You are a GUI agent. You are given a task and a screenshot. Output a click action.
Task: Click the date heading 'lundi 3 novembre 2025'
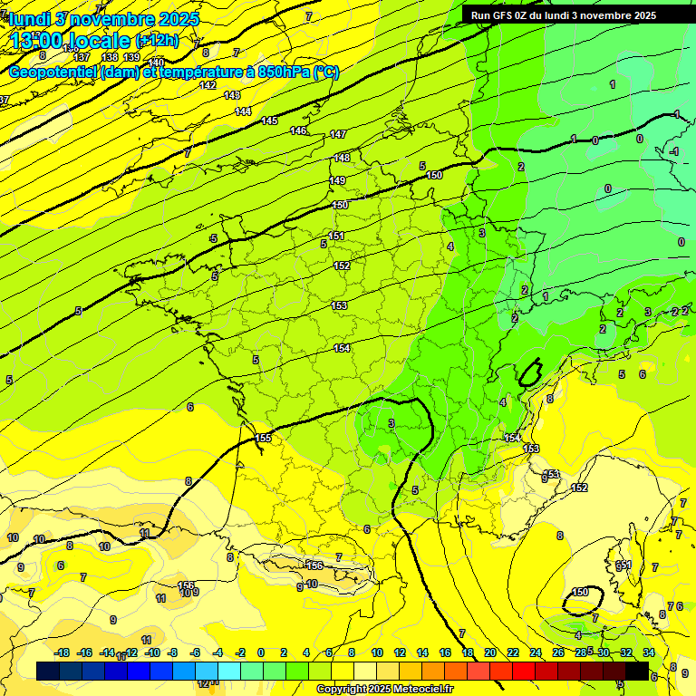(x=105, y=19)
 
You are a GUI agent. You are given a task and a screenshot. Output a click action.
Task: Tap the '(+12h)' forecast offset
(x=157, y=41)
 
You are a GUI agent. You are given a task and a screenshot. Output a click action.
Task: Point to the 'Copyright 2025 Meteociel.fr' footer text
(x=385, y=690)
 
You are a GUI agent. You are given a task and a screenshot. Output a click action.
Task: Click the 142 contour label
(x=208, y=85)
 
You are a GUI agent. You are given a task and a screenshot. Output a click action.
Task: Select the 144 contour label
(x=243, y=111)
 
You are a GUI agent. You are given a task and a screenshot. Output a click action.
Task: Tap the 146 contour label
(x=298, y=131)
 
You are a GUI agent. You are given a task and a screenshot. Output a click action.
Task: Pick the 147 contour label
(x=337, y=134)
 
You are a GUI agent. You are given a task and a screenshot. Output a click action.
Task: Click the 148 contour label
(x=342, y=158)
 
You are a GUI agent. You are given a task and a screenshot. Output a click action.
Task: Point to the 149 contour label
(x=337, y=181)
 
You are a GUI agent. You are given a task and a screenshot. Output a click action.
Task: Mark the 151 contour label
(x=337, y=236)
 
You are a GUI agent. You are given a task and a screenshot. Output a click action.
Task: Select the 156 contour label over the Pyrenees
(x=314, y=565)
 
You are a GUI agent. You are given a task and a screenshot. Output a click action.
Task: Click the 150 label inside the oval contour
(x=581, y=593)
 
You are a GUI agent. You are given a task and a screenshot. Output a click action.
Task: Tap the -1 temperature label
(x=674, y=151)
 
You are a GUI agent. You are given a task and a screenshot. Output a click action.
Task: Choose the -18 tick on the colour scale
(x=62, y=652)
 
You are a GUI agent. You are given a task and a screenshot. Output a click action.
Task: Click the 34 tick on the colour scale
(x=648, y=652)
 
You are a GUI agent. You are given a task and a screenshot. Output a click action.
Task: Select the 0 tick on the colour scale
(x=261, y=652)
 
